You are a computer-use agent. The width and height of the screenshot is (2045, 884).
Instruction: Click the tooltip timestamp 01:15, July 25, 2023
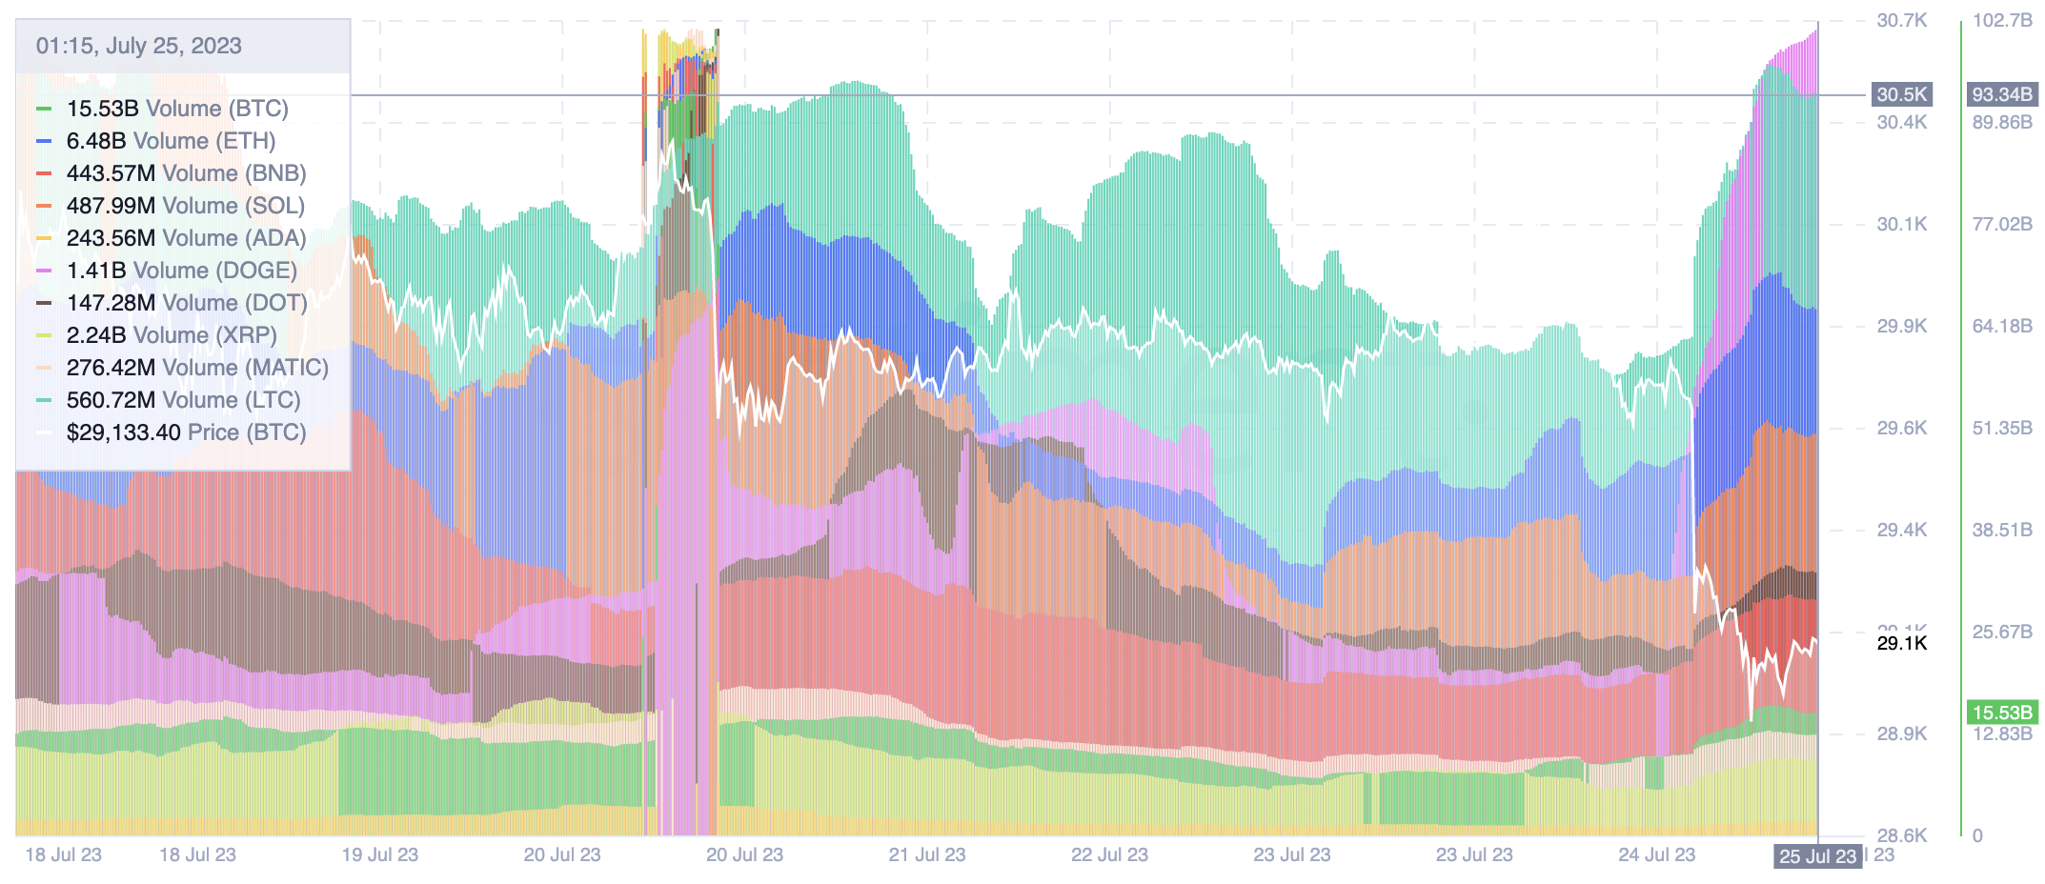(x=138, y=46)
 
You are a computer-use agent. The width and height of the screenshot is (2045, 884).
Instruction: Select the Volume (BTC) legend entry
(x=176, y=109)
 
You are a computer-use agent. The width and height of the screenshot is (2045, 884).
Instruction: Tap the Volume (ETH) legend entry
(x=171, y=141)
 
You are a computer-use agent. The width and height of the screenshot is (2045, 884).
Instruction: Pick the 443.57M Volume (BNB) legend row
(x=186, y=173)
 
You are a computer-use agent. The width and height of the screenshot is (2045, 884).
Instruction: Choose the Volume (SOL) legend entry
(x=185, y=206)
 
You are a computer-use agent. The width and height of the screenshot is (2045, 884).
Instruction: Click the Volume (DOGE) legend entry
(x=181, y=271)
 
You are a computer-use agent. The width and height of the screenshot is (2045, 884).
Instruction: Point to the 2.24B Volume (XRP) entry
(x=172, y=335)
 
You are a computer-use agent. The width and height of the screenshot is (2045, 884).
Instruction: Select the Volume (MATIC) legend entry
(x=197, y=368)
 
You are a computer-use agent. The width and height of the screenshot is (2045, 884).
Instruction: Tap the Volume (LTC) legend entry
(x=183, y=400)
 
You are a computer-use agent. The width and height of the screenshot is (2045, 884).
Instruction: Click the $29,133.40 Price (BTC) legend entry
(x=186, y=432)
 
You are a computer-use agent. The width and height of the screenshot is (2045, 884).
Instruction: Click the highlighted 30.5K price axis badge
(x=1901, y=94)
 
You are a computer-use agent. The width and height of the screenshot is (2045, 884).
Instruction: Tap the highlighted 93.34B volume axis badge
(x=2002, y=94)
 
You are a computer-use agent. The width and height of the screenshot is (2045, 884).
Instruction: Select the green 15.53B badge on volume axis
(x=2002, y=713)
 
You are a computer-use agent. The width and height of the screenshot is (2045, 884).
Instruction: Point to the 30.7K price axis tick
(x=1901, y=20)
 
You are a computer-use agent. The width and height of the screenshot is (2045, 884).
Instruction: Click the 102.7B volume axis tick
(x=2002, y=20)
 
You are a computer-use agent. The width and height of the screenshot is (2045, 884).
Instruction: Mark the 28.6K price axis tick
(x=1901, y=835)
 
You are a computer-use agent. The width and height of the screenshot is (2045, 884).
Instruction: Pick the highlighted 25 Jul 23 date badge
(x=1817, y=856)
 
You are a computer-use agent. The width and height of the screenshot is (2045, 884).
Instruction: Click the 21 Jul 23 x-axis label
(x=926, y=854)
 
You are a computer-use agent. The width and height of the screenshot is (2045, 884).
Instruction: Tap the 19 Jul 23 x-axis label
(x=379, y=854)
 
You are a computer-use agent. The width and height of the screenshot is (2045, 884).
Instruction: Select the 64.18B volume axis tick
(x=2002, y=326)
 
